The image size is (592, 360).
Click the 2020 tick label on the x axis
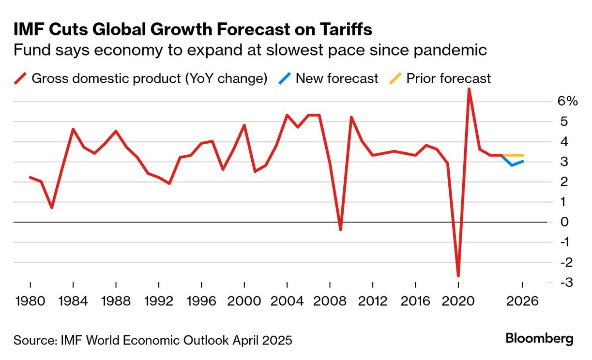pyautogui.click(x=458, y=301)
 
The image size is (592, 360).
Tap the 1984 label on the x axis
pyautogui.click(x=73, y=301)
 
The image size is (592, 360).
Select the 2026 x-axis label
pyautogui.click(x=522, y=301)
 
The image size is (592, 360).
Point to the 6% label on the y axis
pyautogui.click(x=568, y=102)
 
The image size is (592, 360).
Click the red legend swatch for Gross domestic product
pyautogui.click(x=20, y=78)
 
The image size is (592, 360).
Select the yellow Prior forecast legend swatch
pyautogui.click(x=395, y=78)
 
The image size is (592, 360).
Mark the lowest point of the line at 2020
pyautogui.click(x=458, y=276)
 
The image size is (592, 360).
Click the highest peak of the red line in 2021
pyautogui.click(x=469, y=90)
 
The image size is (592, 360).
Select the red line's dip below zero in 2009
pyautogui.click(x=340, y=229)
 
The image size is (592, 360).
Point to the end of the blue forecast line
pyautogui.click(x=522, y=161)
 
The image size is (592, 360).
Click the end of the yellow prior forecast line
pyautogui.click(x=522, y=155)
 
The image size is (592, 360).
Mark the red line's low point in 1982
pyautogui.click(x=51, y=208)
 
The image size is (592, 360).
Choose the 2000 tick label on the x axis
pyautogui.click(x=244, y=301)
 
